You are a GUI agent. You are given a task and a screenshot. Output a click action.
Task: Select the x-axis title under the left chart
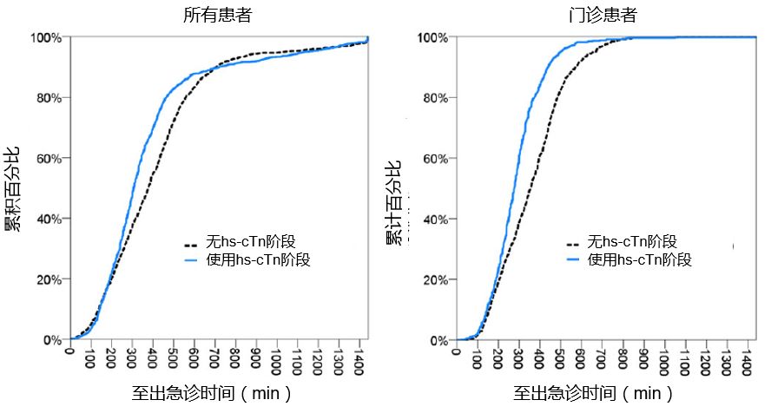[x=212, y=393]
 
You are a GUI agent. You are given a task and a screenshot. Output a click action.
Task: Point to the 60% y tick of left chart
[x=48, y=159]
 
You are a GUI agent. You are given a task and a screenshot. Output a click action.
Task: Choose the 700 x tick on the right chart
[x=600, y=358]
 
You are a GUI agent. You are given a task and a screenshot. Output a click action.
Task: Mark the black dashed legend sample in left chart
[x=192, y=242]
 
